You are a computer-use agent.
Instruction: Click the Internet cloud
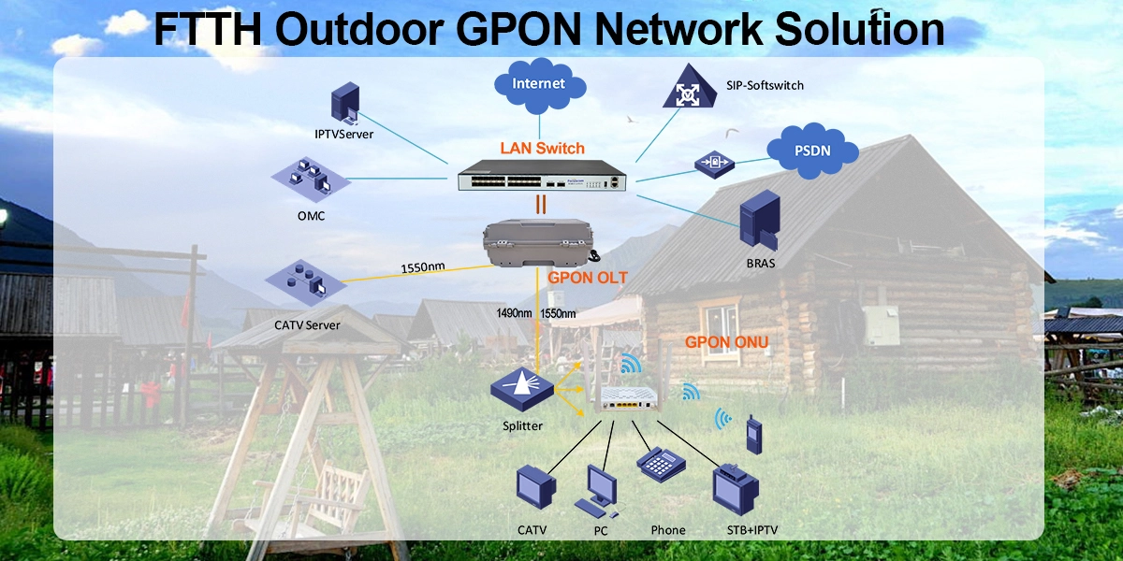(x=539, y=84)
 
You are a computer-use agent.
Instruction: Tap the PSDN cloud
(x=812, y=151)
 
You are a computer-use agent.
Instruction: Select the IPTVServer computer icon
(x=345, y=104)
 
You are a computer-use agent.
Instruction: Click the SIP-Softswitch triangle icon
(x=688, y=88)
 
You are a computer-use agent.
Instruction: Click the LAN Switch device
(x=541, y=178)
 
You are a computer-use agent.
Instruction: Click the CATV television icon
(x=535, y=489)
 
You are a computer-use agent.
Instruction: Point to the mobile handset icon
(x=751, y=435)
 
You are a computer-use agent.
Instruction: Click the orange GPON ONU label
(x=726, y=342)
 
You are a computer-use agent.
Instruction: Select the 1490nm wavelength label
(x=514, y=313)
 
